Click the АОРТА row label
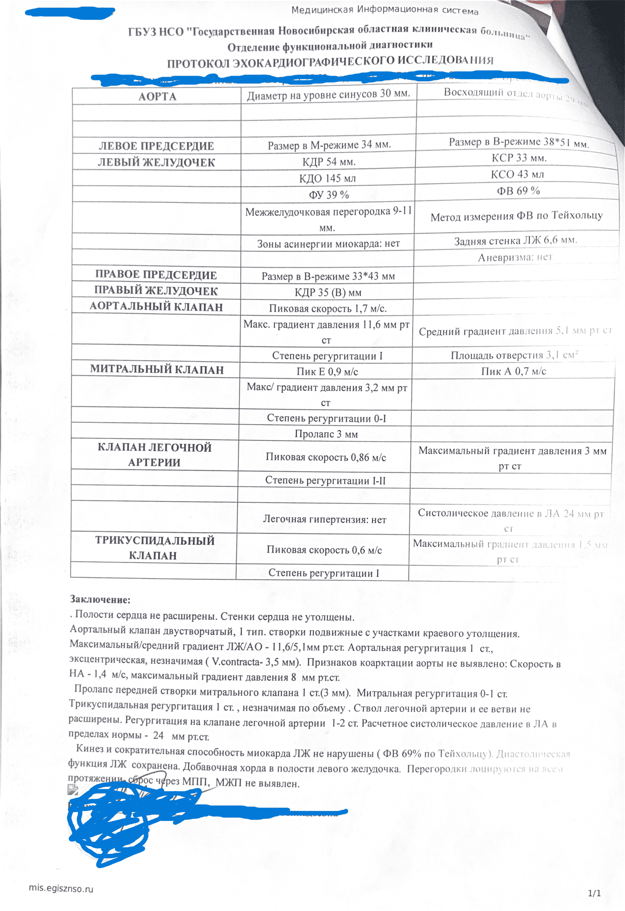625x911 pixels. pyautogui.click(x=157, y=96)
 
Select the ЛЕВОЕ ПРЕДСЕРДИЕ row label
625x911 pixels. pyautogui.click(x=156, y=146)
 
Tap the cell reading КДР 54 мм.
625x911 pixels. pyautogui.click(x=329, y=162)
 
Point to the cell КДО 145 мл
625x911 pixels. pyautogui.click(x=328, y=178)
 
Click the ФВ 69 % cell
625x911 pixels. pyautogui.click(x=518, y=191)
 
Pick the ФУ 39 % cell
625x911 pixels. pyautogui.click(x=328, y=195)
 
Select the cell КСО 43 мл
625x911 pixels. pyautogui.click(x=517, y=174)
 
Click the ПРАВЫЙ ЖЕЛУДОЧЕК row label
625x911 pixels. pyautogui.click(x=156, y=290)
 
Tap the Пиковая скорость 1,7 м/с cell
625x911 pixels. pyautogui.click(x=328, y=309)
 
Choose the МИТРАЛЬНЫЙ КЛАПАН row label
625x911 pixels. pyautogui.click(x=157, y=369)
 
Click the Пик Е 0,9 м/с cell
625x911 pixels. pyautogui.click(x=327, y=372)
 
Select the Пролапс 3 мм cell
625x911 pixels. pyautogui.click(x=326, y=434)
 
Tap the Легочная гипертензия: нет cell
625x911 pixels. pyautogui.click(x=324, y=519)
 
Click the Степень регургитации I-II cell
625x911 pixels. pyautogui.click(x=325, y=480)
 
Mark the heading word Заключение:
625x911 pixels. pyautogui.click(x=100, y=599)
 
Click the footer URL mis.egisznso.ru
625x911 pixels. pyautogui.click(x=61, y=888)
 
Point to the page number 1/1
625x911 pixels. pyautogui.click(x=594, y=893)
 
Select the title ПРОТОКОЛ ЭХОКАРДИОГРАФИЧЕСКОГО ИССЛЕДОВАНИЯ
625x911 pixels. pyautogui.click(x=330, y=62)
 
